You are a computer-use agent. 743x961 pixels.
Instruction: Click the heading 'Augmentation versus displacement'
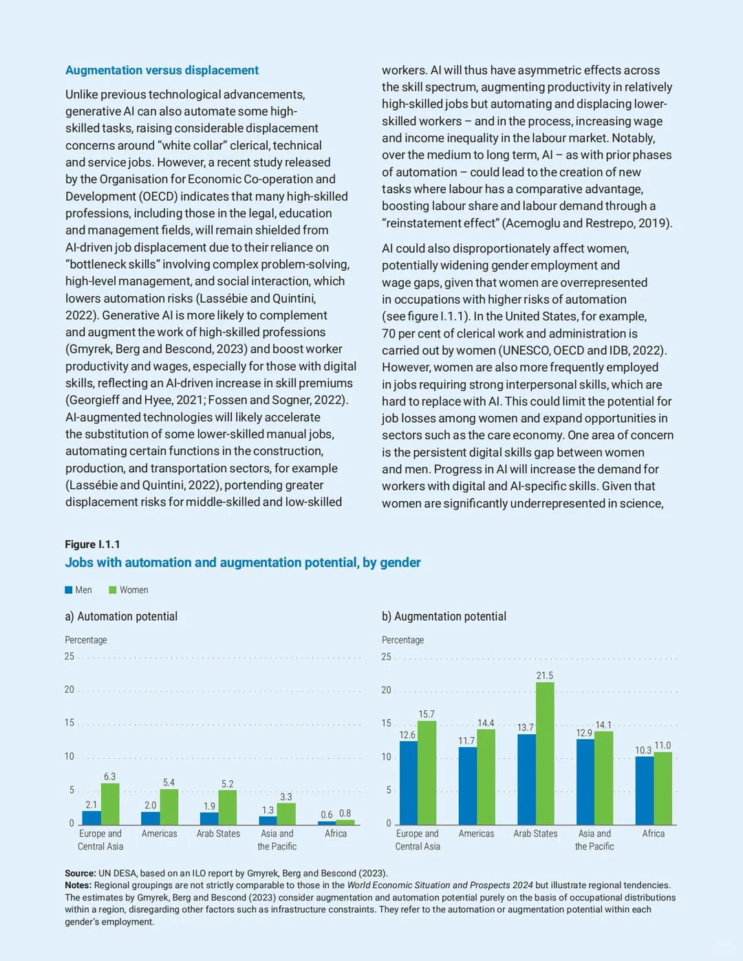pyautogui.click(x=162, y=70)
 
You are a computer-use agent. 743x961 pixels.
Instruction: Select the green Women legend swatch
pyautogui.click(x=113, y=590)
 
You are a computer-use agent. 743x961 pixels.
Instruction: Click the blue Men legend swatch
pyautogui.click(x=69, y=590)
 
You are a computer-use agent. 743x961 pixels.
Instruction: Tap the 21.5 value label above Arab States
pyautogui.click(x=545, y=675)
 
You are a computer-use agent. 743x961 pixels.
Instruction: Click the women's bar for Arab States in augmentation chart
pyautogui.click(x=545, y=753)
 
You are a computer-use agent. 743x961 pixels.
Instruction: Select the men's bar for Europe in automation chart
pyautogui.click(x=91, y=818)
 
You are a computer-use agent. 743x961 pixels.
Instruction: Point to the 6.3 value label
pyautogui.click(x=110, y=776)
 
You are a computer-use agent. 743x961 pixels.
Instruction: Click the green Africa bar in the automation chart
pyautogui.click(x=345, y=822)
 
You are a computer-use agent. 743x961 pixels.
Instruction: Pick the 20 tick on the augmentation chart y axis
pyautogui.click(x=387, y=690)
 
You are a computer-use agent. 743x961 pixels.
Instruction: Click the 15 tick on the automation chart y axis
pyautogui.click(x=69, y=722)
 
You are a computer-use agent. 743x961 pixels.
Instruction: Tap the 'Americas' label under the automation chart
pyautogui.click(x=160, y=834)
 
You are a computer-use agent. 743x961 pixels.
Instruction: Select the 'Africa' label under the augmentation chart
pyautogui.click(x=654, y=834)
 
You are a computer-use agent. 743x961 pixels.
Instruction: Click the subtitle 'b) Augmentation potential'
pyautogui.click(x=444, y=617)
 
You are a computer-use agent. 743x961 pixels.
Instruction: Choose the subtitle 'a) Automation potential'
pyautogui.click(x=121, y=617)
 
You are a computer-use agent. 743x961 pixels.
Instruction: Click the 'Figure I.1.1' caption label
pyautogui.click(x=92, y=544)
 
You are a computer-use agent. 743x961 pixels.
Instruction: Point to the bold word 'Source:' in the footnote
pyautogui.click(x=80, y=874)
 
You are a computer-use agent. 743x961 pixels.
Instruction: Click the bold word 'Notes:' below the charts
pyautogui.click(x=78, y=885)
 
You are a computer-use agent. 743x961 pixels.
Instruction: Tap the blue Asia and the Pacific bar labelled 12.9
pyautogui.click(x=585, y=782)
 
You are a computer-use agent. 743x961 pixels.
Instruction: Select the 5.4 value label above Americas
pyautogui.click(x=169, y=782)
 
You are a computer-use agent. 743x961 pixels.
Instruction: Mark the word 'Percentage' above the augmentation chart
pyautogui.click(x=402, y=640)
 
